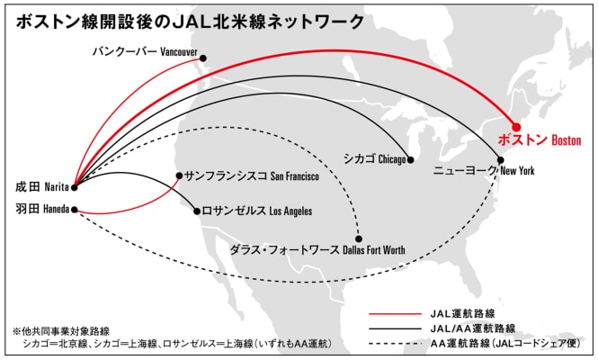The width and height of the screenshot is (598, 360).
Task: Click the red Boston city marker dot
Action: tap(517, 127)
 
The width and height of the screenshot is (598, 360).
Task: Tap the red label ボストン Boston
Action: tap(540, 141)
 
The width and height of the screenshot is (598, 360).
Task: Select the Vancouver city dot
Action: tap(203, 58)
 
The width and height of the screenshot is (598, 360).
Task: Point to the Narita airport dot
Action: tap(74, 187)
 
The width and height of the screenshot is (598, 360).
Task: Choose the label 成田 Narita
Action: tap(41, 187)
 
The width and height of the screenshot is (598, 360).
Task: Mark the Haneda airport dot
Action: tap(74, 211)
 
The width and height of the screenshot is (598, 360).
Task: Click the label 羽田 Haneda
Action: tap(41, 211)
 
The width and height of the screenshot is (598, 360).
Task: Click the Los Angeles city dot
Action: tap(198, 211)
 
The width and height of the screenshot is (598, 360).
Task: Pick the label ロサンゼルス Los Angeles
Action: tap(258, 211)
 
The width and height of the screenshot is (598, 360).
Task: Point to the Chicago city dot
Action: tap(409, 159)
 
